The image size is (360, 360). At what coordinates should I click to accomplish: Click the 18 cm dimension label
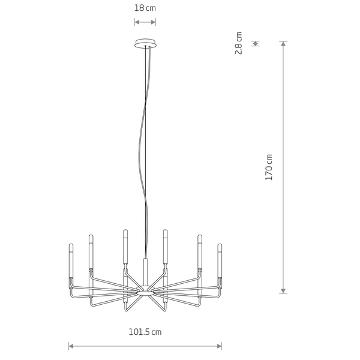pos(145,8)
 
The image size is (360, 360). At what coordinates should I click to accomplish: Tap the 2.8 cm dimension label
pos(239,43)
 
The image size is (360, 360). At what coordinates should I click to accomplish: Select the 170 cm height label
pos(269,167)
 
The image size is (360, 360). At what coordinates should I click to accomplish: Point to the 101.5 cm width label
pos(145,332)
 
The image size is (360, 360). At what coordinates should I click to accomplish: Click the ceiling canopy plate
pos(145,43)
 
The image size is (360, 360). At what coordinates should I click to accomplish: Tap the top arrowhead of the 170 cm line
pos(283,44)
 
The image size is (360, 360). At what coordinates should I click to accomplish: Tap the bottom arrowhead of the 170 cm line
pos(283,291)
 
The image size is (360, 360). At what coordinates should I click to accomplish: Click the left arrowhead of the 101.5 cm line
pos(71,346)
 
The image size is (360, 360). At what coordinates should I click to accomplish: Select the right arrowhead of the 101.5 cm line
pos(220,346)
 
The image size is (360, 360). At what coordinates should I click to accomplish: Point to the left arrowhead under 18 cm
pos(137,22)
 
